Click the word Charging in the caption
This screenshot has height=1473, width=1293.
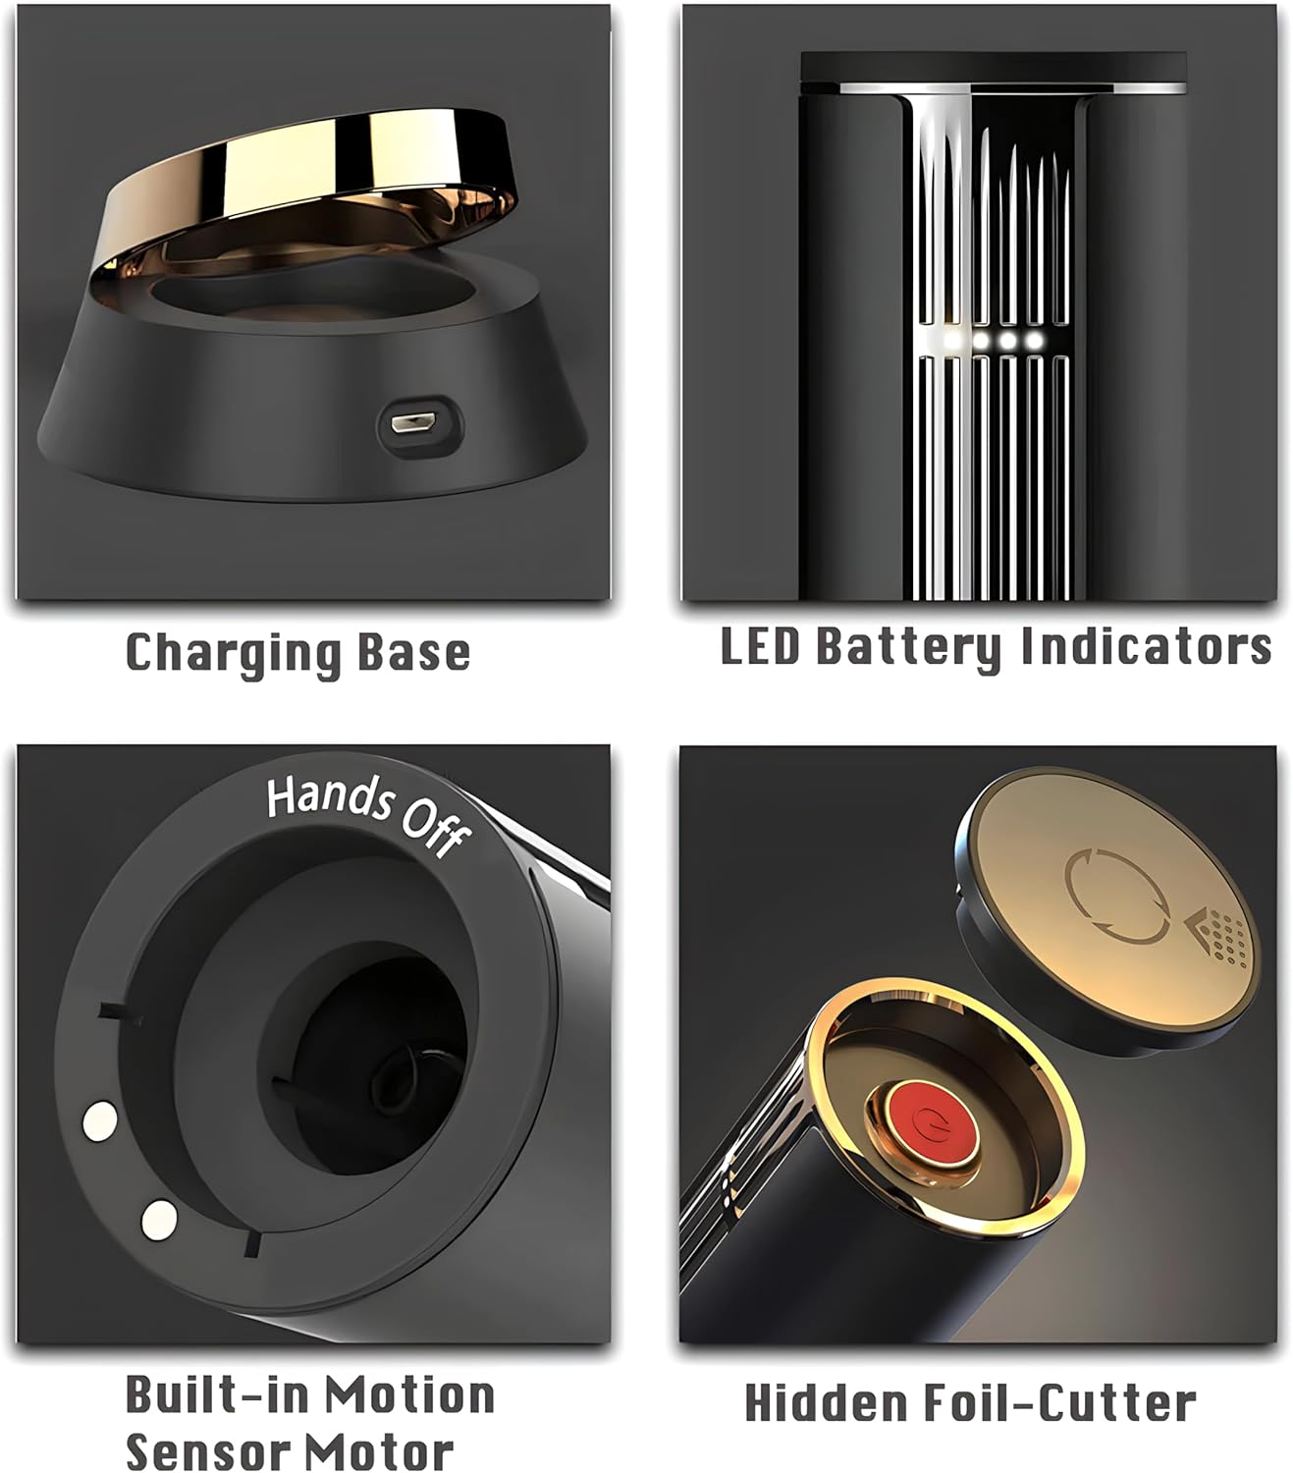(x=232, y=654)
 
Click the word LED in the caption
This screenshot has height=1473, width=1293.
(x=760, y=646)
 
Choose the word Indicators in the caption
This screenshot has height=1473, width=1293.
(x=1145, y=646)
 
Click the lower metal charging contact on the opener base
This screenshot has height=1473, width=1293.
(x=159, y=1219)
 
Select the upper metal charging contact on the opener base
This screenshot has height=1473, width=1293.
(x=99, y=1121)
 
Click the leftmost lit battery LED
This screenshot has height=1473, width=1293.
(x=951, y=340)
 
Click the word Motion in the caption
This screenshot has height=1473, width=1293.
(x=410, y=1395)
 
